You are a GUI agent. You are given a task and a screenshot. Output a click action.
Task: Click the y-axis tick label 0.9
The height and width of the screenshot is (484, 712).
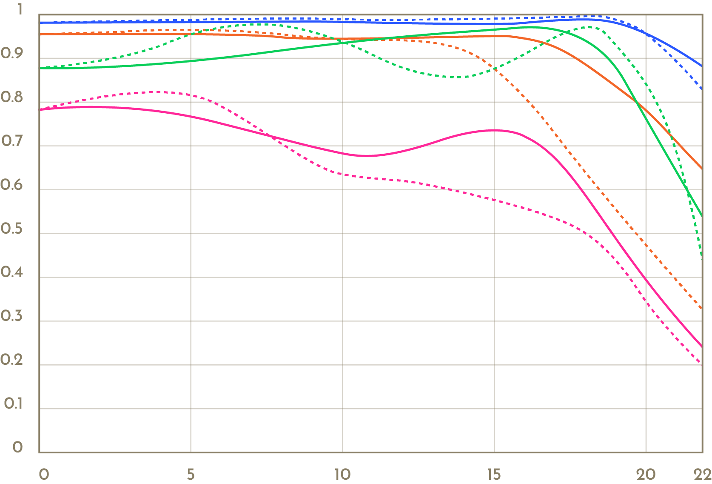tap(11, 54)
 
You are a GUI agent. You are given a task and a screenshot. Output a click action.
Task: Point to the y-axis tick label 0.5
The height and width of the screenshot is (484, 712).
tap(11, 229)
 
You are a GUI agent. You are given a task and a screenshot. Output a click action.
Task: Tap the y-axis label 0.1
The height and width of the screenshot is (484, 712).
tap(13, 404)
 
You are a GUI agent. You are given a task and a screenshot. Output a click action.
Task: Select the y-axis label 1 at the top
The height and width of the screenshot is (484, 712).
tap(20, 9)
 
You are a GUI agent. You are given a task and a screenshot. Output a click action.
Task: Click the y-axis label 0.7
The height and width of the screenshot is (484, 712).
tap(11, 141)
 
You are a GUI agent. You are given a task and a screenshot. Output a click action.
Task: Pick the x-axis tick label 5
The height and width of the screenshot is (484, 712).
tap(191, 474)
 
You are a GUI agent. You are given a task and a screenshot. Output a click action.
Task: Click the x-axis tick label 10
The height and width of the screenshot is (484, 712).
tap(342, 474)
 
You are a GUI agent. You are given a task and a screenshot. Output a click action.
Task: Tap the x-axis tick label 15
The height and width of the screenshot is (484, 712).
tap(494, 474)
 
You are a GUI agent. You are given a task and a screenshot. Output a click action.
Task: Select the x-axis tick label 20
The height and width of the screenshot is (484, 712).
tap(646, 474)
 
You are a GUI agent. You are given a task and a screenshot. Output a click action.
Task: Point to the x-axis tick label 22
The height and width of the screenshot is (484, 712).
tap(703, 474)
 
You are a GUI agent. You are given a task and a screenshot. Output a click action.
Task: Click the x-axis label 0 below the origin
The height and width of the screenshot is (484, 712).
tap(43, 474)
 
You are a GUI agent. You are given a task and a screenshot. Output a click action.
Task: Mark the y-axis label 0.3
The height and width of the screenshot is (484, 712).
tap(11, 316)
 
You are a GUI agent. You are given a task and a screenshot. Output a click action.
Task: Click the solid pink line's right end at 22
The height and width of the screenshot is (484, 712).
tap(701, 346)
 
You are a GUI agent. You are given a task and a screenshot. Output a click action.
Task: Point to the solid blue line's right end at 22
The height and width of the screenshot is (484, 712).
tap(701, 66)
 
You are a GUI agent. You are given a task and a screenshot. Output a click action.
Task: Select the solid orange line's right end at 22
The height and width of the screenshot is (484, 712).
tap(701, 168)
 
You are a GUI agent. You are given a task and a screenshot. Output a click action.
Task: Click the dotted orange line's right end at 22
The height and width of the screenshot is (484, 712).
tap(701, 309)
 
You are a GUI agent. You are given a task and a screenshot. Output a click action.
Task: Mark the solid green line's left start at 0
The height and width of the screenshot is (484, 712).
tap(40, 68)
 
